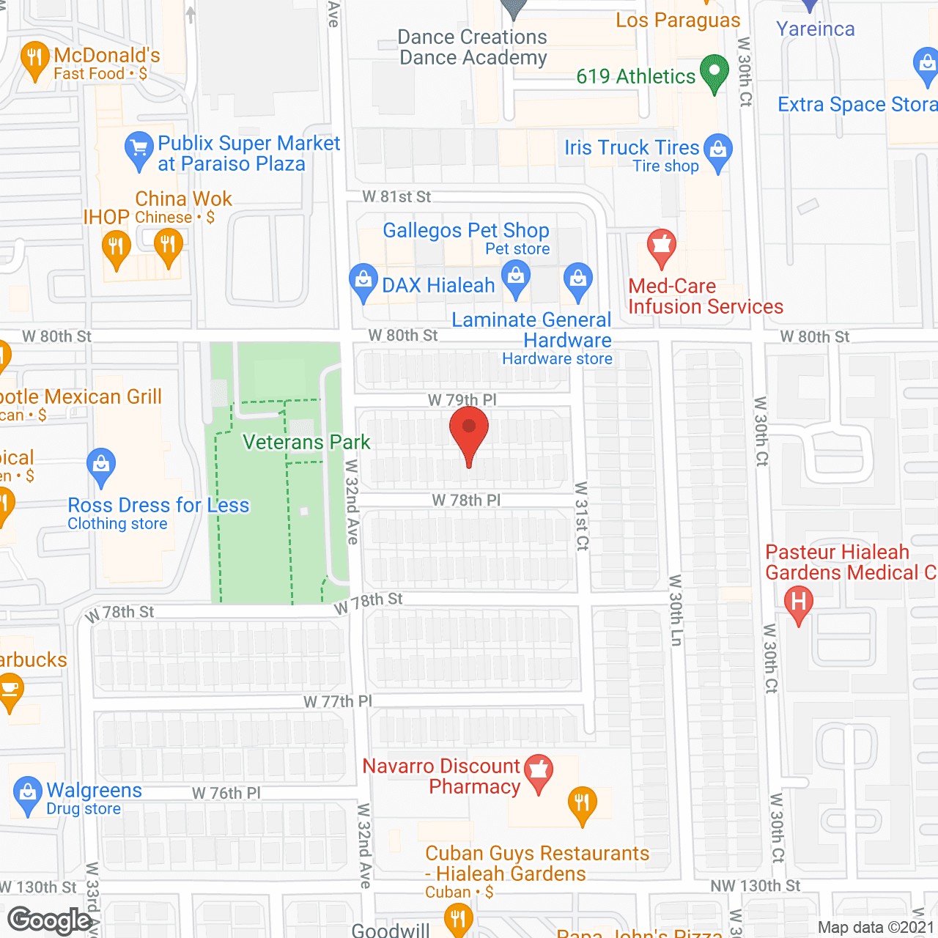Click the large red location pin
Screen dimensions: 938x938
[x=469, y=432]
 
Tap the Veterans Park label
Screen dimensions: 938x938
[x=306, y=442]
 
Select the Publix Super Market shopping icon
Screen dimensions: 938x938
[x=139, y=149]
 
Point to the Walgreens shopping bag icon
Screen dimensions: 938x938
[x=27, y=794]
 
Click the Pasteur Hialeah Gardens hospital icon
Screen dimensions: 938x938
[x=799, y=604]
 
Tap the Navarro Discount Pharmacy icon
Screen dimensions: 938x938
[x=539, y=772]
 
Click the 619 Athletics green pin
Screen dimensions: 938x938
[x=714, y=73]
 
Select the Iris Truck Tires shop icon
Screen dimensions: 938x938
[x=718, y=151]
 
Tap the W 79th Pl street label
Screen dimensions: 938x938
[x=462, y=400]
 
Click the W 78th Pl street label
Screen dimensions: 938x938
[x=466, y=500]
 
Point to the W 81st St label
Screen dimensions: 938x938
[x=396, y=196]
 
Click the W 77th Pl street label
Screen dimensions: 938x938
[x=338, y=701]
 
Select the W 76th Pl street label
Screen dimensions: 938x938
[x=226, y=793]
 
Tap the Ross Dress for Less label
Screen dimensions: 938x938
[x=158, y=506]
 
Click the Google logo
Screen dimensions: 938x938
[x=50, y=920]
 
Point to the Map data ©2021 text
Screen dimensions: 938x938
[x=876, y=927]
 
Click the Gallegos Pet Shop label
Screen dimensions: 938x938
[x=465, y=230]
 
